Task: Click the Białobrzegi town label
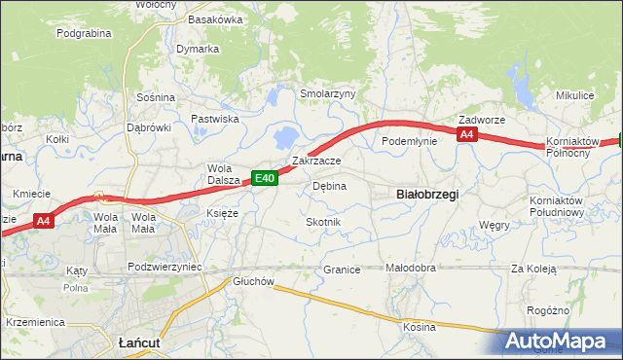[x=428, y=195]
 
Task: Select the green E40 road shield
[x=265, y=177]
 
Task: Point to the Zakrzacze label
[x=316, y=161]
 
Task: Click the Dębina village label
[x=329, y=185]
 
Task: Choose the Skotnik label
[x=323, y=222]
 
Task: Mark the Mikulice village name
[x=574, y=95]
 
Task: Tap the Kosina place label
[x=419, y=327]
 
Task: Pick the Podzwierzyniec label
[x=165, y=266]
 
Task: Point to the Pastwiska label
[x=215, y=119]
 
